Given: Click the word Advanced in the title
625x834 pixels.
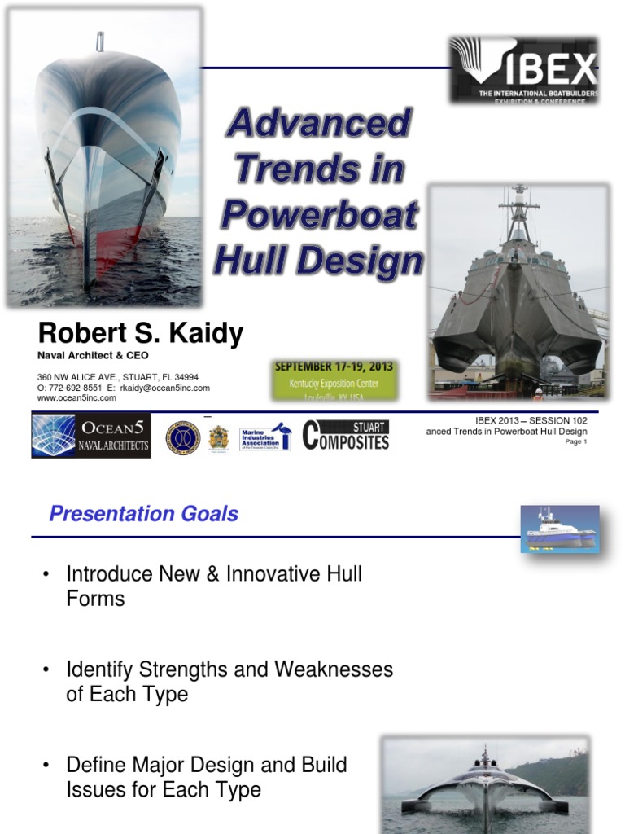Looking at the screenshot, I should coord(318,124).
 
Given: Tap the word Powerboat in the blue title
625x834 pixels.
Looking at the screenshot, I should coord(319,215).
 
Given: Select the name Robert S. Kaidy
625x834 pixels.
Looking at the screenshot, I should coord(141,333).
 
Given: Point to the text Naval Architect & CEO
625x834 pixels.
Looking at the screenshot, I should coord(94,355).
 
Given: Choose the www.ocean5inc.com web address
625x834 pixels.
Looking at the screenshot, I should coord(77,398).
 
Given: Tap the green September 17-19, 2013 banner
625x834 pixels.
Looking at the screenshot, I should coord(335,380).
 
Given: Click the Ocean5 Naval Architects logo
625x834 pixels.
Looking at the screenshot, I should coord(91,435).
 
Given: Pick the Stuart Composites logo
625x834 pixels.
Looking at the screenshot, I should coord(346,435).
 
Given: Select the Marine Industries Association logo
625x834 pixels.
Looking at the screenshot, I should coord(264,437).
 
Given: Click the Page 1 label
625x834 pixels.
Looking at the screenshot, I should coord(575,442).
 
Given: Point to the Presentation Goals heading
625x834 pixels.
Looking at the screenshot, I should coord(144,514).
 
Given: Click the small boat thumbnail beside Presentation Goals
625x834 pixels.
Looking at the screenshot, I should coord(560,529).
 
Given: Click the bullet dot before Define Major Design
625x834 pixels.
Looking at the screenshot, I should coord(46,766).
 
